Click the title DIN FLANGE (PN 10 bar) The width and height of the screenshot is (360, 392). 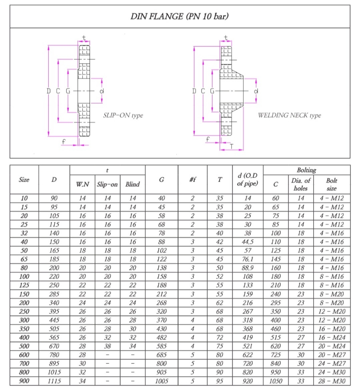[180, 16]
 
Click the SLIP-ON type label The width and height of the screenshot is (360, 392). [123, 115]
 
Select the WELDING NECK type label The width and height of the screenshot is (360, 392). [289, 115]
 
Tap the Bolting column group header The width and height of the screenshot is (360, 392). [306, 170]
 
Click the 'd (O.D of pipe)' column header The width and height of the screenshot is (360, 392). [248, 180]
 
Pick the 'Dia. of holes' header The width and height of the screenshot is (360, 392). [301, 184]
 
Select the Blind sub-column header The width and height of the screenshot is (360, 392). [132, 184]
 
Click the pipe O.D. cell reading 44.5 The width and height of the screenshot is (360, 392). [248, 242]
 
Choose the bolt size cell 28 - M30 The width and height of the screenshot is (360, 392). [332, 381]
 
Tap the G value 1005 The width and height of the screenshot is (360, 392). [161, 381]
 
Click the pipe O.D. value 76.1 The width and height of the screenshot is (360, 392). [248, 259]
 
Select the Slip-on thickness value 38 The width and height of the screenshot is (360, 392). [108, 346]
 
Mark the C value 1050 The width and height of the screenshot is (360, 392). [276, 381]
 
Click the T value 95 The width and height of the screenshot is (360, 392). [220, 381]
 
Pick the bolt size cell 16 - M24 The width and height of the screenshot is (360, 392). [332, 338]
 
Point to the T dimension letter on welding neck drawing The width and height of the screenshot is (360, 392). [232, 147]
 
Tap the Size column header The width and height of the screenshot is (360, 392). [24, 180]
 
